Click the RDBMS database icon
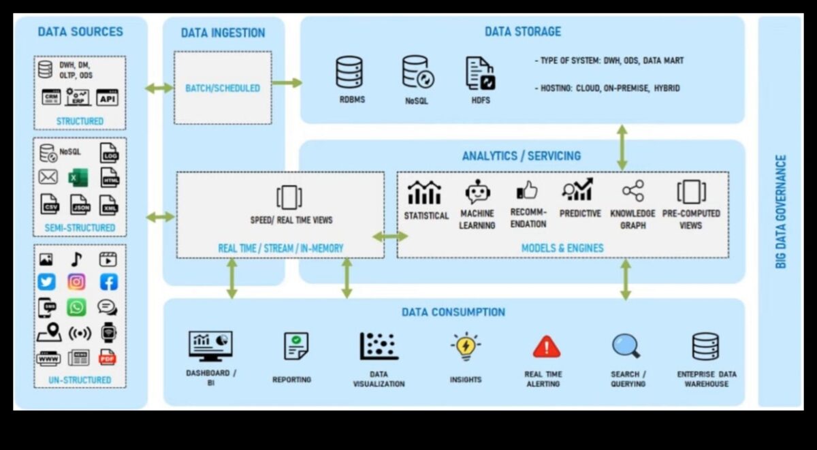click(349, 72)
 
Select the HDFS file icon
click(480, 73)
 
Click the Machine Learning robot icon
click(477, 192)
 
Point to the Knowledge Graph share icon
click(632, 191)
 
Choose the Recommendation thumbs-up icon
click(527, 191)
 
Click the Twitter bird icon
click(46, 282)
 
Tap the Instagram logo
click(76, 282)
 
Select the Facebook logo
click(108, 282)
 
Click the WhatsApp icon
click(76, 307)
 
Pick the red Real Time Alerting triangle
click(546, 347)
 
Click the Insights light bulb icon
click(466, 346)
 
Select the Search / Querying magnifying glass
click(626, 346)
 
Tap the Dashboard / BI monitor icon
click(210, 345)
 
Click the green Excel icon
click(77, 178)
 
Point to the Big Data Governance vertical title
click(781, 211)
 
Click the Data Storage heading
click(522, 31)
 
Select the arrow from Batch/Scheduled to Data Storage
click(287, 83)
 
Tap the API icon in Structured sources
click(108, 97)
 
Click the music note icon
click(76, 259)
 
